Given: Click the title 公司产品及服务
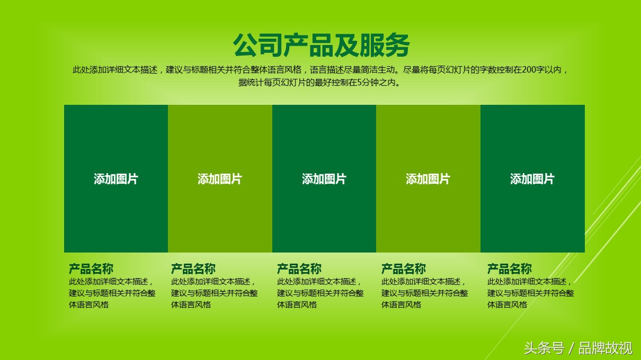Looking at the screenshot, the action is pos(321,46).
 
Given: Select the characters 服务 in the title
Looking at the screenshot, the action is pos(385,46).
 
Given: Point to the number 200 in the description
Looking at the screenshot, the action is pos(529,70).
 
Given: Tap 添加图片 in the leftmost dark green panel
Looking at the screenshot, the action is pos(116,179).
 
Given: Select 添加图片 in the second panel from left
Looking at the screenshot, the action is pos(220,179).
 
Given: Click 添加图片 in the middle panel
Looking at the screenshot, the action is pos(324,179).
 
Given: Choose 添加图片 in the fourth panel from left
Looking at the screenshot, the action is pos(428,179).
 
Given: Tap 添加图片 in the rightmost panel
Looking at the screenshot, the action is pos(532,179).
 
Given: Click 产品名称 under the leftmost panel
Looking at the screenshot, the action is pos(91,269).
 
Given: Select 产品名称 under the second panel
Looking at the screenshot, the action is pos(193,269).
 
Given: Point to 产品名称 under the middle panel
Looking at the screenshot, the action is pos(299,269).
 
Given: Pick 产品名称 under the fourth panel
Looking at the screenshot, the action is pos(404,269).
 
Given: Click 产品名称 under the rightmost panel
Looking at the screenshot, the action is pos(510,269).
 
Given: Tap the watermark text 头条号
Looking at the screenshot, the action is pos(544,348).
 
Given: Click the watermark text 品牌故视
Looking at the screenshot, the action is pos(606,348).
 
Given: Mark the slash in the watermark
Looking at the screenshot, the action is pos(572,348).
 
